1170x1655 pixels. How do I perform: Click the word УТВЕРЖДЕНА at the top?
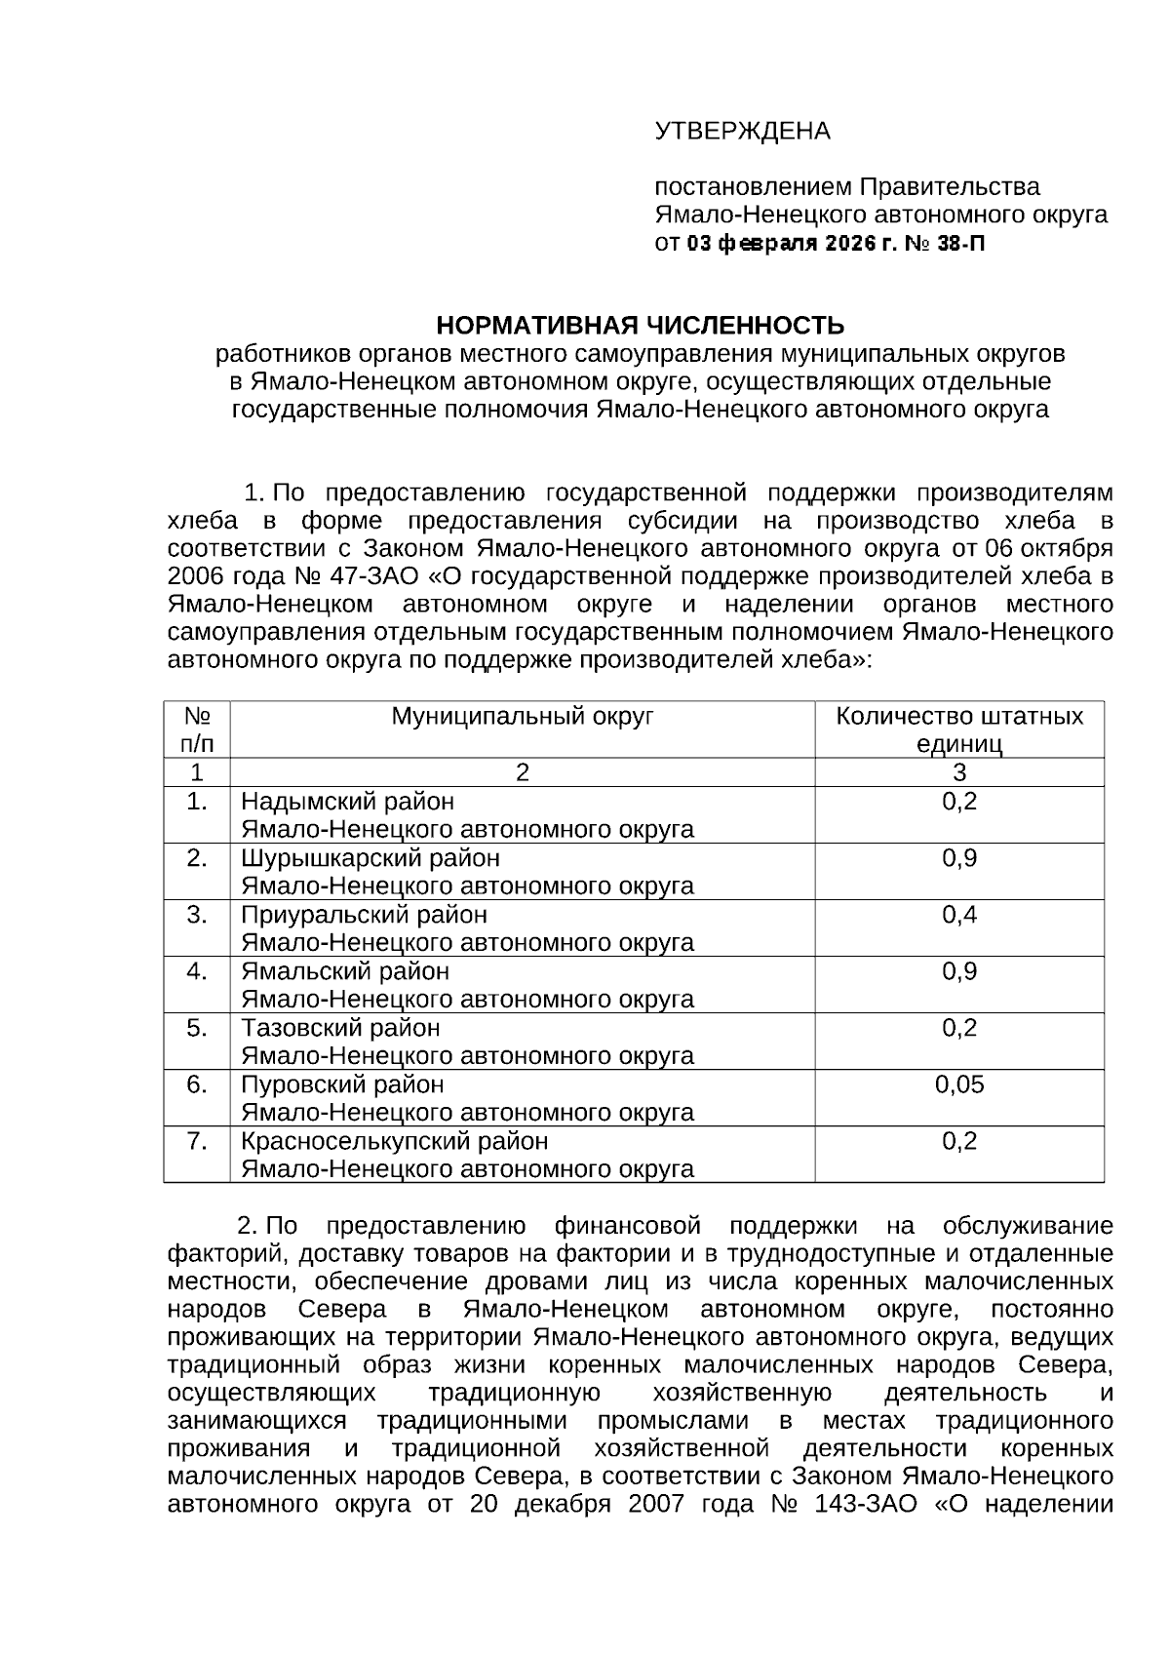[x=742, y=131]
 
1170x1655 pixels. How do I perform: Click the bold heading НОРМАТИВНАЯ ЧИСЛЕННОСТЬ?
[x=640, y=325]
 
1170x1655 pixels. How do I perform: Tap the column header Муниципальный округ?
[x=522, y=717]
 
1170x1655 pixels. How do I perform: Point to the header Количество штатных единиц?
[x=959, y=729]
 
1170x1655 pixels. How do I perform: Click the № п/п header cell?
[x=197, y=729]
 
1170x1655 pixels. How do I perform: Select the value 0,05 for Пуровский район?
[x=959, y=1084]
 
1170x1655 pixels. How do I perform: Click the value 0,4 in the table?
[x=959, y=914]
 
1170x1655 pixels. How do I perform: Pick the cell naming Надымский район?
[x=347, y=802]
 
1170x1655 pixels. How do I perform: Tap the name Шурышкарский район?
[x=370, y=858]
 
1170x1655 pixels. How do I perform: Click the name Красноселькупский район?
[x=394, y=1140]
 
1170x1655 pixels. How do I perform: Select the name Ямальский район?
[x=345, y=971]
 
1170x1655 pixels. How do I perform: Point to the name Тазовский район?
[x=340, y=1028]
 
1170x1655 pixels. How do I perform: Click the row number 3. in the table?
[x=197, y=914]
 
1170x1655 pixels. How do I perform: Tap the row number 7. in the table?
[x=197, y=1140]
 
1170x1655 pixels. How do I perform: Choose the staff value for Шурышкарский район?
[x=959, y=858]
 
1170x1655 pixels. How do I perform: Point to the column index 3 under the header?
[x=959, y=772]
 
